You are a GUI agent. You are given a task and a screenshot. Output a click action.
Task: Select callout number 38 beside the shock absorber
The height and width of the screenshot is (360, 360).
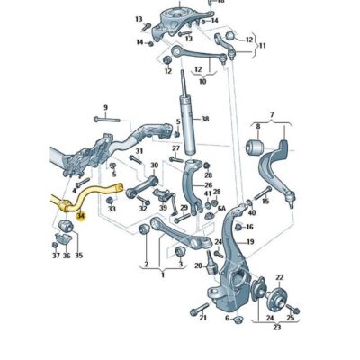(204, 119)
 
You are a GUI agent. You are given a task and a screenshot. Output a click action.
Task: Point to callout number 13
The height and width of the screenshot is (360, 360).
(139, 19)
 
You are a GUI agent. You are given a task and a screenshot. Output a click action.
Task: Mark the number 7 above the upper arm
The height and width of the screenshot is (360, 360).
(271, 115)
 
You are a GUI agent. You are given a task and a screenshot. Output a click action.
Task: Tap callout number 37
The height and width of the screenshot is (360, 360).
(54, 256)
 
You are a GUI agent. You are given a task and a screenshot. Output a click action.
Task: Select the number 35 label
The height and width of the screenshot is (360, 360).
(77, 256)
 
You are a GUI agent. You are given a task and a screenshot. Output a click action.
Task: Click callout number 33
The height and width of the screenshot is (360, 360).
(112, 209)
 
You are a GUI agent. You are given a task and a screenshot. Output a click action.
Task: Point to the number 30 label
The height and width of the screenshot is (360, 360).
(154, 166)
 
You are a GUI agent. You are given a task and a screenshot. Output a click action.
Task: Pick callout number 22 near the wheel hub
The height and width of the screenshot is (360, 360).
(279, 277)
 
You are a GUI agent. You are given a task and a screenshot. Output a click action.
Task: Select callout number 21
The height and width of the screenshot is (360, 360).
(203, 318)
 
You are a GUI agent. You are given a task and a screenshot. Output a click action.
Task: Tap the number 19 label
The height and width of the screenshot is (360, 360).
(250, 242)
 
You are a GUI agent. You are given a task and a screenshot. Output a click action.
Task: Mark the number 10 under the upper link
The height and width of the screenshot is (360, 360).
(202, 81)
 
